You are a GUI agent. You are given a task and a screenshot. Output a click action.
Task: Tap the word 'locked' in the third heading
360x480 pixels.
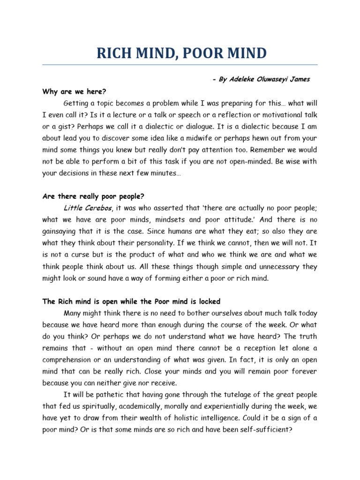tap(209, 301)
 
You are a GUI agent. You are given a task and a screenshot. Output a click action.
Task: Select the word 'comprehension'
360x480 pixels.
tap(68, 360)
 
